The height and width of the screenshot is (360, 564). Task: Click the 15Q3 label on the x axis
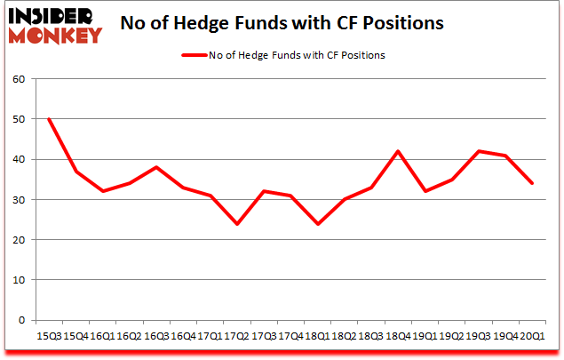pyautogui.click(x=48, y=337)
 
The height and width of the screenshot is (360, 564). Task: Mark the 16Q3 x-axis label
pyautogui.click(x=156, y=337)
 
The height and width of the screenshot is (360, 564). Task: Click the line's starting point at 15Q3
pyautogui.click(x=48, y=119)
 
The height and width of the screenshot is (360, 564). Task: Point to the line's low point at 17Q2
pyautogui.click(x=237, y=223)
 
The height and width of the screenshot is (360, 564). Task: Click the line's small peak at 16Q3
pyautogui.click(x=156, y=167)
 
